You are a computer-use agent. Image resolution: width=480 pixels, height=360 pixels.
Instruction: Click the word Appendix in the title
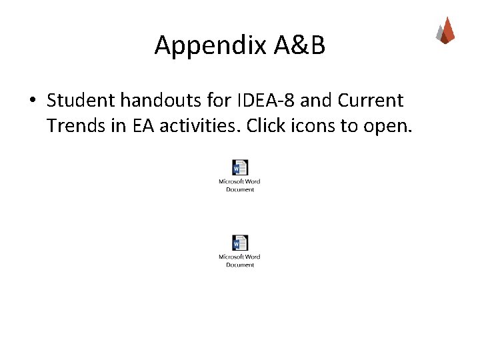(211, 45)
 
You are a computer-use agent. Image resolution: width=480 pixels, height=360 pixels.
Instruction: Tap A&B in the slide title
(299, 45)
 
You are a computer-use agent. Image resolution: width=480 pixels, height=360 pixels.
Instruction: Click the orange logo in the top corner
(445, 31)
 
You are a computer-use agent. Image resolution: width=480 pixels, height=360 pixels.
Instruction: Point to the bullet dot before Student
(31, 101)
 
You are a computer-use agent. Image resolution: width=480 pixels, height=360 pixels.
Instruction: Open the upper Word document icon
(240, 167)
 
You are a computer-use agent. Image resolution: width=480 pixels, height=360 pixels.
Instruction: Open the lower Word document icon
(240, 243)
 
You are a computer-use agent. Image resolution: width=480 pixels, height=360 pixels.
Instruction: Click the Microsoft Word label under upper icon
(240, 181)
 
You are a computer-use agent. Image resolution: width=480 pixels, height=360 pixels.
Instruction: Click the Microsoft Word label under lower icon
(240, 257)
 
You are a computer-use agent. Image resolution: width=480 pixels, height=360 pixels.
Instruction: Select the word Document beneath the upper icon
(240, 189)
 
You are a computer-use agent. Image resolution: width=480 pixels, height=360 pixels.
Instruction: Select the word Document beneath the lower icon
(240, 265)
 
